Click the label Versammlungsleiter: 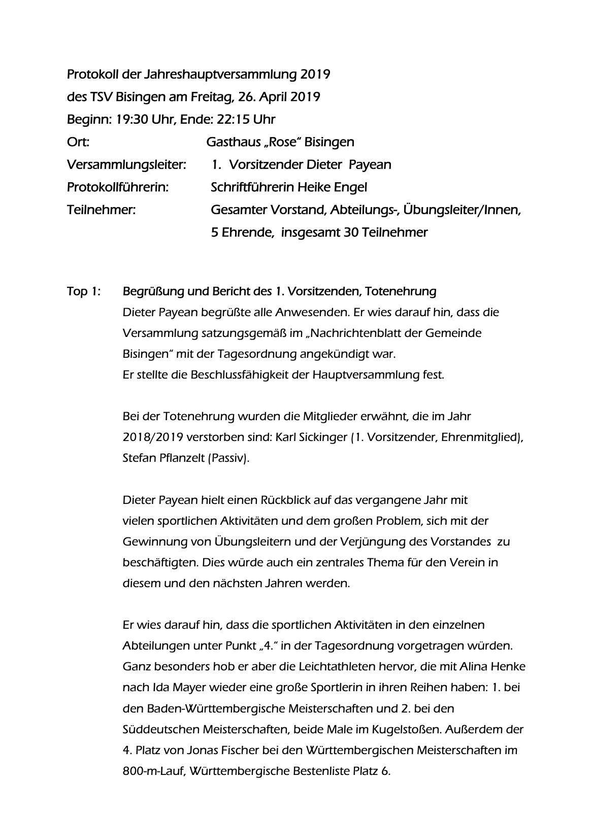tap(126, 165)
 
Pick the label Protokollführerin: tap(118, 187)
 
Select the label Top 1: tap(84, 292)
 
